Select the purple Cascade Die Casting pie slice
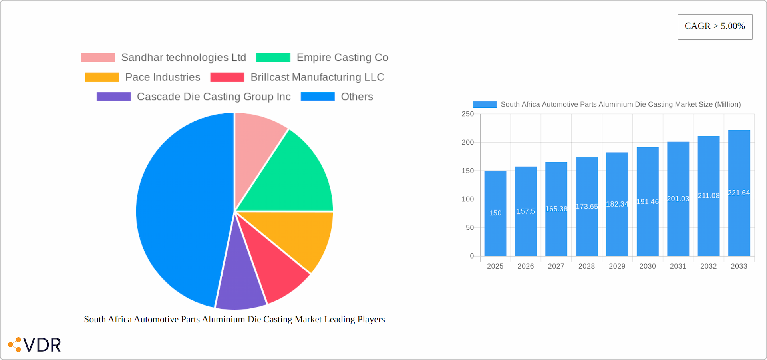pyautogui.click(x=240, y=288)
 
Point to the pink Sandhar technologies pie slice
pyautogui.click(x=256, y=144)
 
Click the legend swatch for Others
pyautogui.click(x=318, y=97)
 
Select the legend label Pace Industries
pyautogui.click(x=163, y=77)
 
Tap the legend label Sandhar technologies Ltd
pyautogui.click(x=183, y=58)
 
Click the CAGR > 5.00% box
pyautogui.click(x=715, y=26)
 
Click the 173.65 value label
pyautogui.click(x=586, y=207)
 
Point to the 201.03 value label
pyautogui.click(x=678, y=199)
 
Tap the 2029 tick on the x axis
pyautogui.click(x=617, y=266)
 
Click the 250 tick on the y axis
pyautogui.click(x=467, y=114)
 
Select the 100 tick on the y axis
pyautogui.click(x=467, y=199)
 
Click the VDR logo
pyautogui.click(x=35, y=345)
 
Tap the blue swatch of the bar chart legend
pyautogui.click(x=485, y=104)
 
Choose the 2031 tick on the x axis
pyautogui.click(x=678, y=266)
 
